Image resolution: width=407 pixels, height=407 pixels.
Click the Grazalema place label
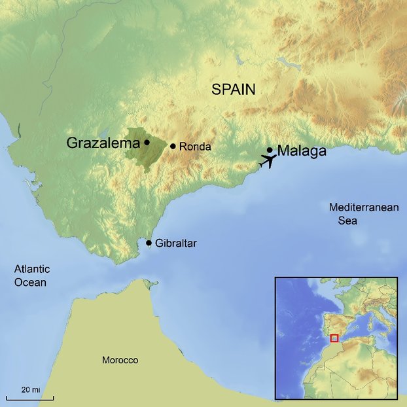coord(103,143)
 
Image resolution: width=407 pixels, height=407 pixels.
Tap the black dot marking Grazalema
coord(147,142)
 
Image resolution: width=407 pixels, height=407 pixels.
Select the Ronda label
coord(195,147)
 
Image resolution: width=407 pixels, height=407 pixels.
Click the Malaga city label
coord(302,151)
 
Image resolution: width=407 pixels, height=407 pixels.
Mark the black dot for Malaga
coord(270,150)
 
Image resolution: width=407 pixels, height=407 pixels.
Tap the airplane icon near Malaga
coord(268,160)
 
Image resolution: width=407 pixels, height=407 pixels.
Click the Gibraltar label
coord(176,243)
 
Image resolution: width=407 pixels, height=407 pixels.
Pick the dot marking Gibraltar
coord(149,243)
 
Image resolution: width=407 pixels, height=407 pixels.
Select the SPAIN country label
coord(233,90)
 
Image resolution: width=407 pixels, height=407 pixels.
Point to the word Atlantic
coord(32,270)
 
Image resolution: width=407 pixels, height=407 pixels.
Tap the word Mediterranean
coord(364,207)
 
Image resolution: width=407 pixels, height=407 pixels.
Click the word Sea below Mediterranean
coord(347,221)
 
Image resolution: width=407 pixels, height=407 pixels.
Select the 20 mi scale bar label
coord(30,389)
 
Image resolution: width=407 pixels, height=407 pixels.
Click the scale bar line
coord(30,397)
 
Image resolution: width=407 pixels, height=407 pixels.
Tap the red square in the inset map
coord(334,338)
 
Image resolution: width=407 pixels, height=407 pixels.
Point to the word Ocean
coord(31,283)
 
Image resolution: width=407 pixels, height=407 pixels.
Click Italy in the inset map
coord(384,321)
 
